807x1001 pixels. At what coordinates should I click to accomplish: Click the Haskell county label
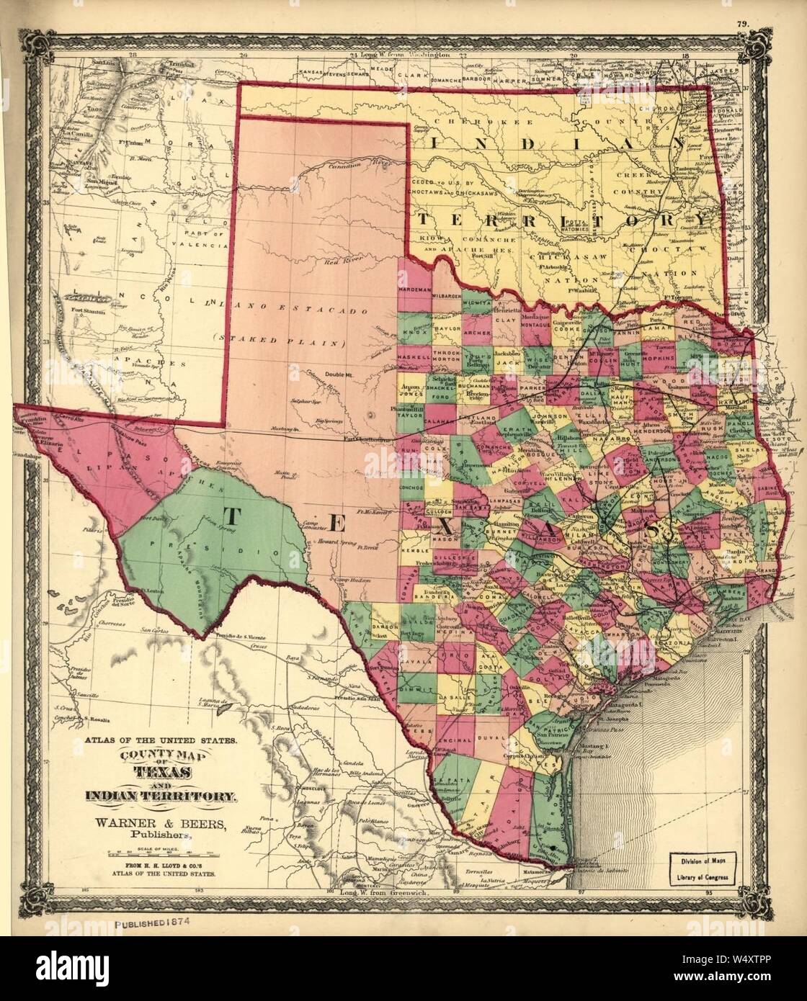click(x=413, y=358)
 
